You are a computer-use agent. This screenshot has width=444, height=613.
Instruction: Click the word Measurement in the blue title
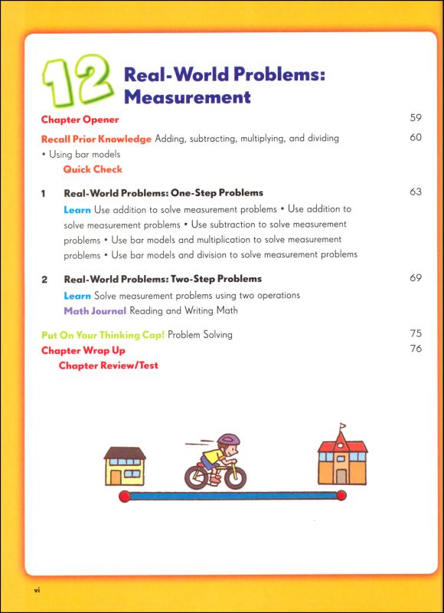pos(187,97)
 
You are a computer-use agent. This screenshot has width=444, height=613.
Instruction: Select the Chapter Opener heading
pos(80,120)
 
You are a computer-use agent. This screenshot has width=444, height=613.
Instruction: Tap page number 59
pos(416,119)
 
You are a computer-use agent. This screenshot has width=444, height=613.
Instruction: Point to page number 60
pos(416,138)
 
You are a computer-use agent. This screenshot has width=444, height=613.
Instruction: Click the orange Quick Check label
pos(93,169)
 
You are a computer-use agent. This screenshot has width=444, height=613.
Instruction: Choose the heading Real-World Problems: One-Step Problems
pos(163,192)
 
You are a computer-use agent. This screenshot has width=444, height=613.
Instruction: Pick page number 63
pos(416,192)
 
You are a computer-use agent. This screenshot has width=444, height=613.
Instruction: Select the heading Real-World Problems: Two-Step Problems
pos(162,279)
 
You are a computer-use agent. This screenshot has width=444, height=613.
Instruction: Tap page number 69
pos(416,278)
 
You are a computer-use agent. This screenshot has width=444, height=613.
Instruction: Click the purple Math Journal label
pos(95,310)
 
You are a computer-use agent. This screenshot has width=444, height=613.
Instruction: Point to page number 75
pos(416,334)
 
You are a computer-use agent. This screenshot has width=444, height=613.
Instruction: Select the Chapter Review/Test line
pos(109,366)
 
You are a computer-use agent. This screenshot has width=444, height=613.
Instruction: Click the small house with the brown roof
pos(125,465)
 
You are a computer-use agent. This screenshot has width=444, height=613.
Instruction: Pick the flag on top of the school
pos(342,425)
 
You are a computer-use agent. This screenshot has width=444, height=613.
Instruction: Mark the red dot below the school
pos(341,497)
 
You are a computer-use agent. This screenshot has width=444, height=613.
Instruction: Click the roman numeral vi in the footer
pos(35,590)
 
